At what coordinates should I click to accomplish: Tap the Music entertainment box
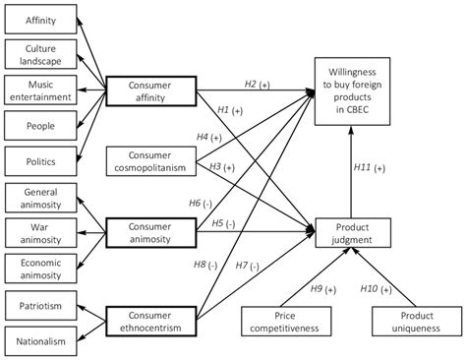tap(40, 90)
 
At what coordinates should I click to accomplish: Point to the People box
tap(40, 125)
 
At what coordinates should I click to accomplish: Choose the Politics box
tap(40, 159)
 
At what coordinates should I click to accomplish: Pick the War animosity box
tap(40, 231)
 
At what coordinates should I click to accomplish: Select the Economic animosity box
tap(40, 267)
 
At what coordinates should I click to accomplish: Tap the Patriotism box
tap(40, 306)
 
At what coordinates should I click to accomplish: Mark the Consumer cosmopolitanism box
tap(149, 161)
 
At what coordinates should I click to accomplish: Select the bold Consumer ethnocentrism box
tap(149, 321)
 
